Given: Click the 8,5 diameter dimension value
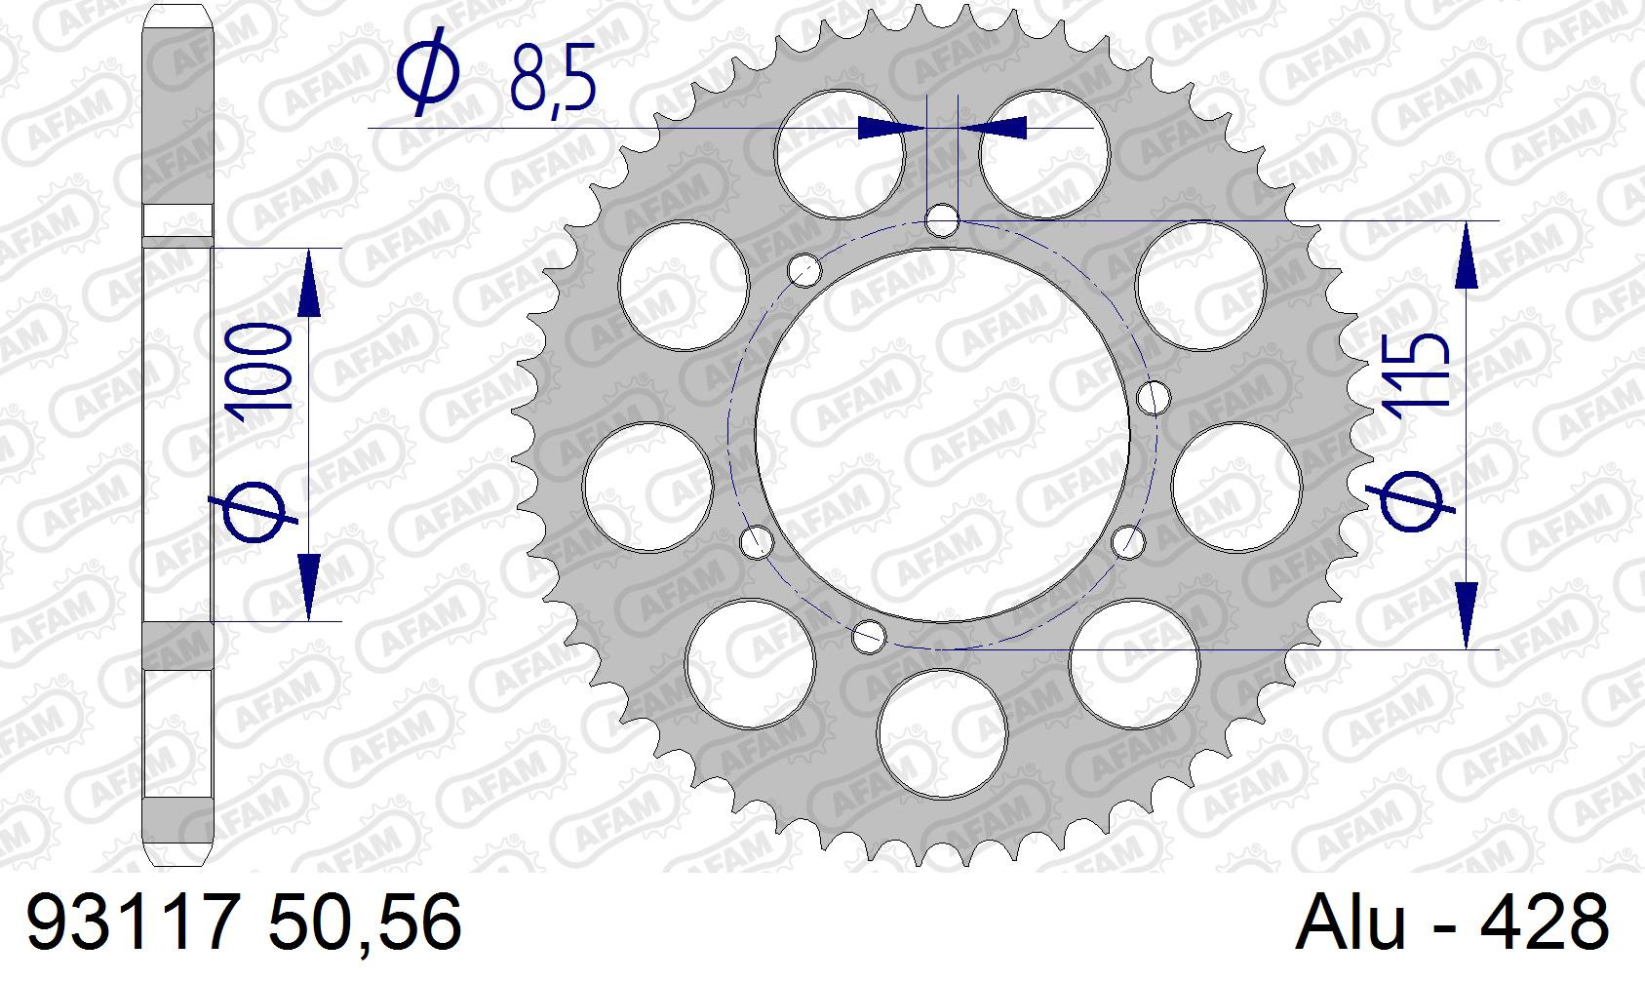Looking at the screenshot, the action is point(552,77).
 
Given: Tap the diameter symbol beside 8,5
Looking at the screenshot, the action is point(427,71).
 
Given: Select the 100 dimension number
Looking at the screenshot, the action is point(261,366).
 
